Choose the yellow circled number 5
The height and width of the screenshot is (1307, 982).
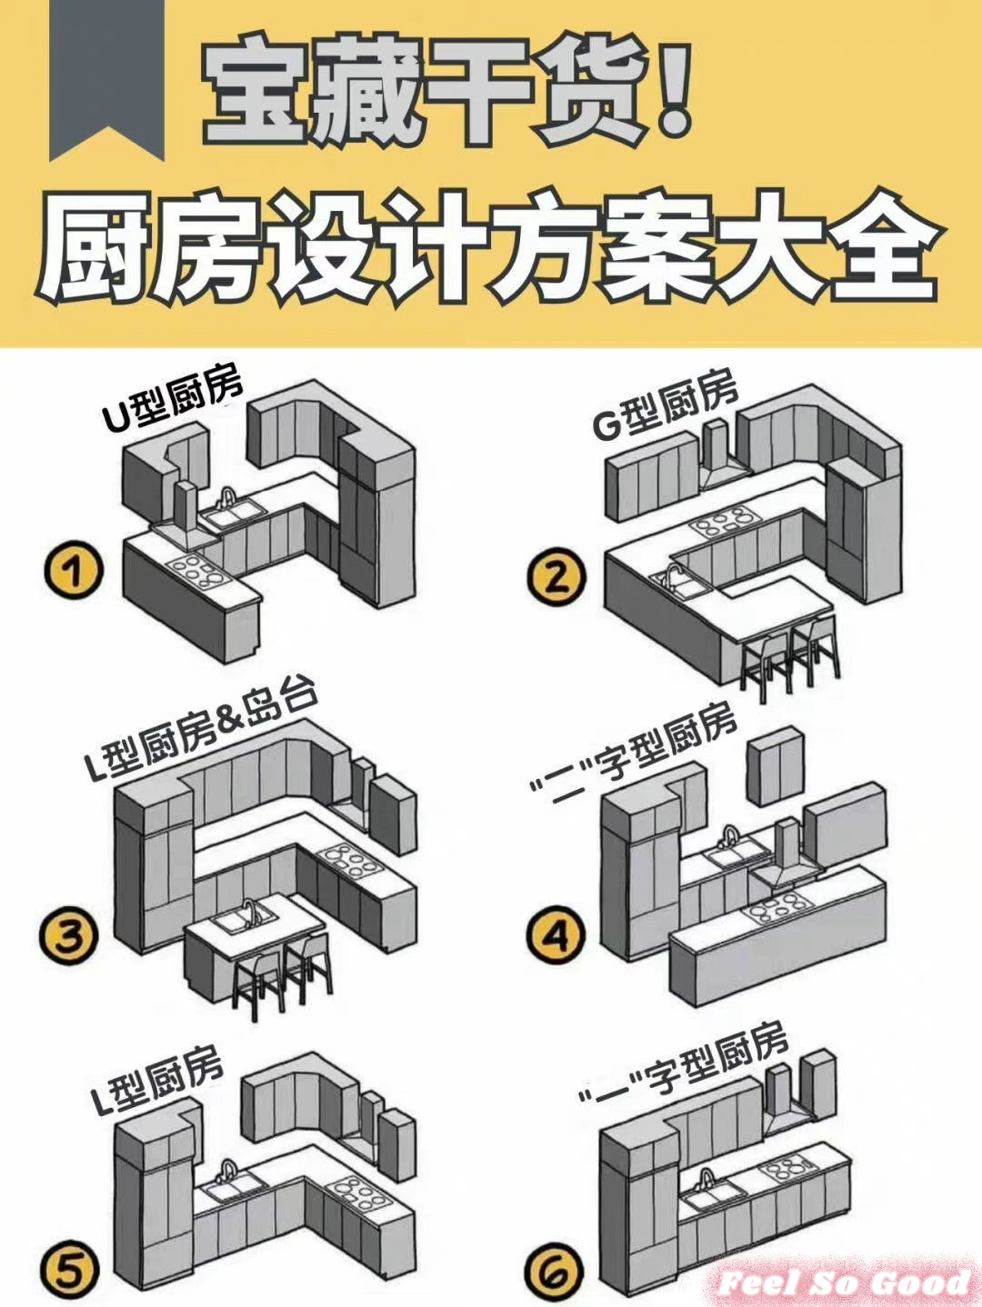tap(70, 1270)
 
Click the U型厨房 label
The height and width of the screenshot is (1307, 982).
tap(173, 400)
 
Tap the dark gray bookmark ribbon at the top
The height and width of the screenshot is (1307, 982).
tap(100, 77)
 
